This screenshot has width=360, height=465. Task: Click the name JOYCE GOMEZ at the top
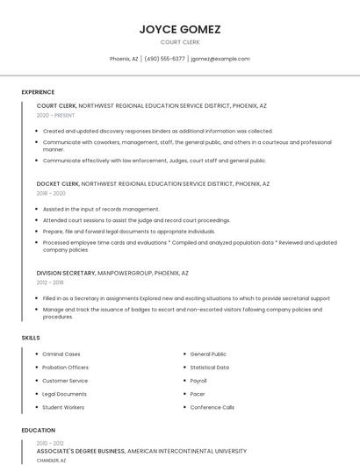180,29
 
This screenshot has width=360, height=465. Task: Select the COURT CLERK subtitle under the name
180,42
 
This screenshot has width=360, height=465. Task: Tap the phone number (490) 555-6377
164,59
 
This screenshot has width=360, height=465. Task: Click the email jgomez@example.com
220,59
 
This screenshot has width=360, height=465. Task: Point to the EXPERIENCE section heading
38,92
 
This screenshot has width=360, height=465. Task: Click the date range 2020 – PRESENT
55,115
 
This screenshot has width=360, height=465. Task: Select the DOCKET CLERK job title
57,184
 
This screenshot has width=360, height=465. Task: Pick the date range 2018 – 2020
51,193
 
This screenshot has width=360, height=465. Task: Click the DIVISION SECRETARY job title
66,273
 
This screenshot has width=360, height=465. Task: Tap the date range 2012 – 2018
50,283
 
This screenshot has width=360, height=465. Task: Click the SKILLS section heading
31,338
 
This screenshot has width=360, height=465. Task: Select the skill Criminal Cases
61,354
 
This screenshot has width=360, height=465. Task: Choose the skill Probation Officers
66,368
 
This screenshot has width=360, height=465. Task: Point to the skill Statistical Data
210,368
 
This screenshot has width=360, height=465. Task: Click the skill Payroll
199,381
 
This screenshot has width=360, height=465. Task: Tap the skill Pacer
198,394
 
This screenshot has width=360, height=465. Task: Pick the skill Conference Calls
212,407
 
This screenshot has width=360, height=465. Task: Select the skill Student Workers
63,407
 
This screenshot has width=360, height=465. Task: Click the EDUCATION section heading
38,431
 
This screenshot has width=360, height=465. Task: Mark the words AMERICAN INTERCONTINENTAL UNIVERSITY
187,451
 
